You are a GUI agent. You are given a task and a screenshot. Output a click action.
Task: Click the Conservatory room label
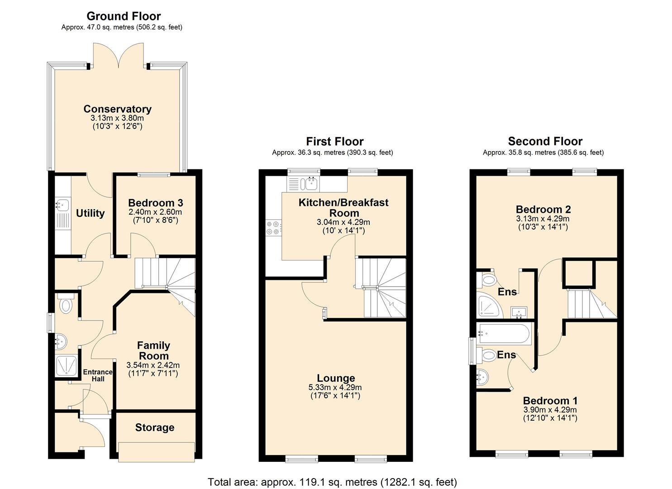[117, 109]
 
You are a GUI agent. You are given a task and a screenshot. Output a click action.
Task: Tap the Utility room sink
[62, 205]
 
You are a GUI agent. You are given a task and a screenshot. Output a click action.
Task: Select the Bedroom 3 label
[155, 203]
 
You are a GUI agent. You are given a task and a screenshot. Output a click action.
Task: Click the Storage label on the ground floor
[155, 427]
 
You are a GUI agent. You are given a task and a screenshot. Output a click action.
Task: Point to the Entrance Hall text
[98, 375]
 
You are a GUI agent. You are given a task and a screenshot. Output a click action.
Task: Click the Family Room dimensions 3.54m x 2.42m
[153, 365]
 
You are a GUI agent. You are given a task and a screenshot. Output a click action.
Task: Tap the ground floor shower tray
[66, 366]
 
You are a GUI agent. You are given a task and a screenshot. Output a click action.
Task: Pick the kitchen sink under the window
[310, 184]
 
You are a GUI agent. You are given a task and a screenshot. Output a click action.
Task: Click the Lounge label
[336, 378]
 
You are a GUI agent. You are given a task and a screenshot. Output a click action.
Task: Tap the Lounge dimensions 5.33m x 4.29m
[335, 388]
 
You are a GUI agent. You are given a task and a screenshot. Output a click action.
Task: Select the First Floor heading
[334, 141]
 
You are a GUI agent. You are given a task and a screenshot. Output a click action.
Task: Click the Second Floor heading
[545, 141]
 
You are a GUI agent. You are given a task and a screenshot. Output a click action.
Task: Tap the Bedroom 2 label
[543, 209]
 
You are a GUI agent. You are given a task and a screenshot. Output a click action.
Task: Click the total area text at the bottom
[332, 482]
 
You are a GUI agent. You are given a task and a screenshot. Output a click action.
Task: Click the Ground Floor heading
[124, 16]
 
